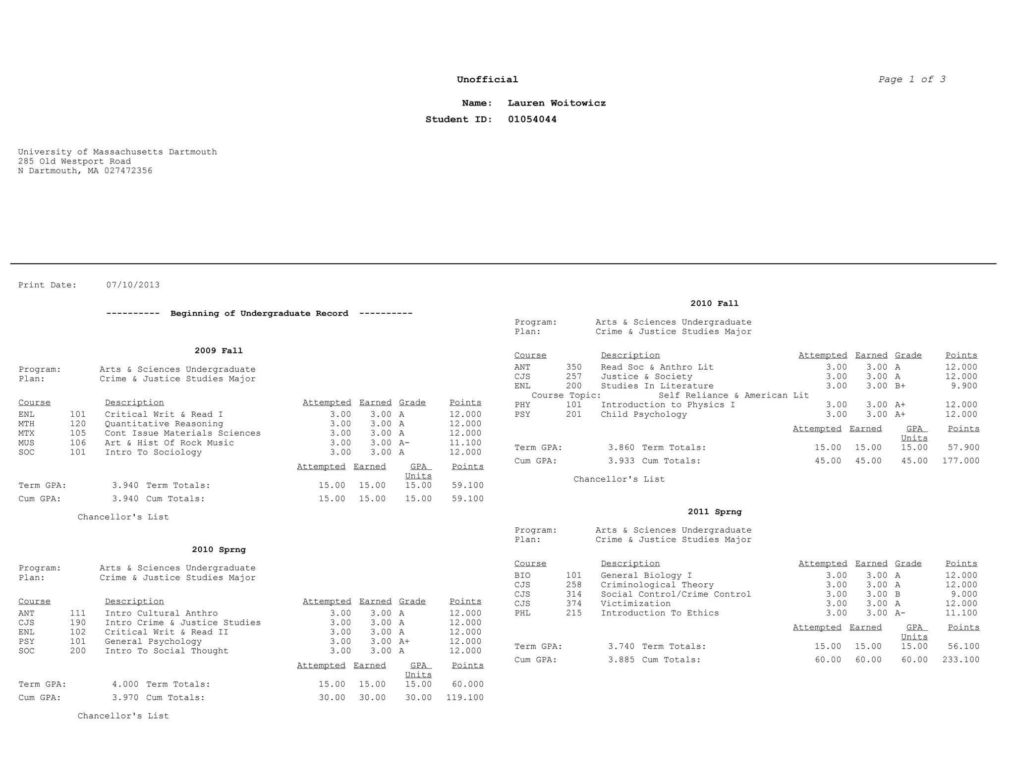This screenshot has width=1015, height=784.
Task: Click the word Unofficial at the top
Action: (487, 79)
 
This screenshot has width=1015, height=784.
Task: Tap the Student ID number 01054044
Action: (532, 119)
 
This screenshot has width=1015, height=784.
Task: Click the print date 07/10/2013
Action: (133, 285)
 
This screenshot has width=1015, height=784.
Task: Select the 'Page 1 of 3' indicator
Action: (911, 79)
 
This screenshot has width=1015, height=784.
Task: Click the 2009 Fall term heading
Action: (219, 351)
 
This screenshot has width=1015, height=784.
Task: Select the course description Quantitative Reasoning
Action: (164, 424)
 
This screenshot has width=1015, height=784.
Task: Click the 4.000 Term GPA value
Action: (125, 684)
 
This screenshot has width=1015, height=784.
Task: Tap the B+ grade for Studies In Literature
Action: (900, 386)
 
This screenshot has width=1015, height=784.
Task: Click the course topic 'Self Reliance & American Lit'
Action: (733, 395)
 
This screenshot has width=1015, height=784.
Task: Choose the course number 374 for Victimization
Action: (573, 604)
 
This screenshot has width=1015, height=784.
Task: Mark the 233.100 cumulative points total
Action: (960, 660)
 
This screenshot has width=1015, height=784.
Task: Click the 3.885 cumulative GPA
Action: (621, 660)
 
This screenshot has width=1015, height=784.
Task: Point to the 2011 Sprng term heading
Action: (714, 512)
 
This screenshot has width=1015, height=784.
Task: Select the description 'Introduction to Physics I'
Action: (668, 405)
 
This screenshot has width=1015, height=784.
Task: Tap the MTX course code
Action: (27, 433)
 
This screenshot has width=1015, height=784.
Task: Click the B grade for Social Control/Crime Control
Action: (898, 594)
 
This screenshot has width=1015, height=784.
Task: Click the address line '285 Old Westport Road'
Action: (74, 162)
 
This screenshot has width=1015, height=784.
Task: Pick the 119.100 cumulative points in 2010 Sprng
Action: (465, 698)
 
